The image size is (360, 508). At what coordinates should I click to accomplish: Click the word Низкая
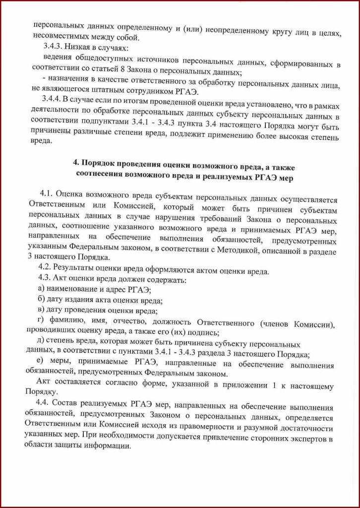click(x=76, y=48)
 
